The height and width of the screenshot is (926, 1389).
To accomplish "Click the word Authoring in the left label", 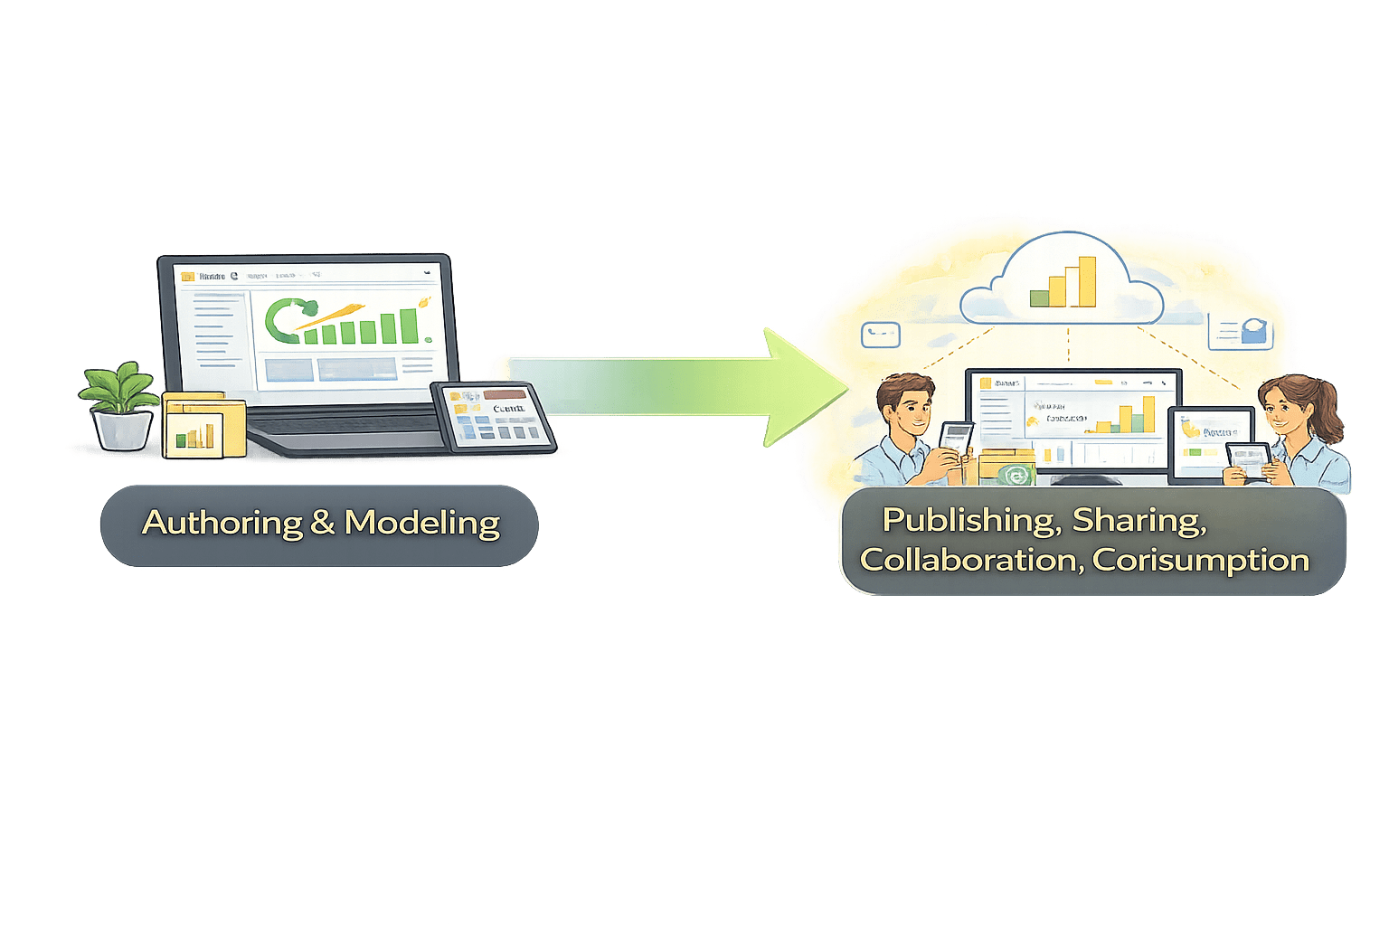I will point(222,523).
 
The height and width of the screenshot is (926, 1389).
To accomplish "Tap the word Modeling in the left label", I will point(421,523).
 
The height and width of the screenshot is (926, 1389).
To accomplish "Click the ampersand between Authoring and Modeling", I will point(323,523).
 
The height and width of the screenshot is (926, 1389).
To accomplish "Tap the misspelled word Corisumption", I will point(1201,560).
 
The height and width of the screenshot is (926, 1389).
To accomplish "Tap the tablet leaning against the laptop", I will point(494,416).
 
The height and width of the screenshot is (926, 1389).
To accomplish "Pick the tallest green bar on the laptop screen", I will point(409,326).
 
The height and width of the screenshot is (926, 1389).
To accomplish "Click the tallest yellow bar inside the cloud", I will point(1086,281).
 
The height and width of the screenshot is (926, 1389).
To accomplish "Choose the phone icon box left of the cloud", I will point(881,335).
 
